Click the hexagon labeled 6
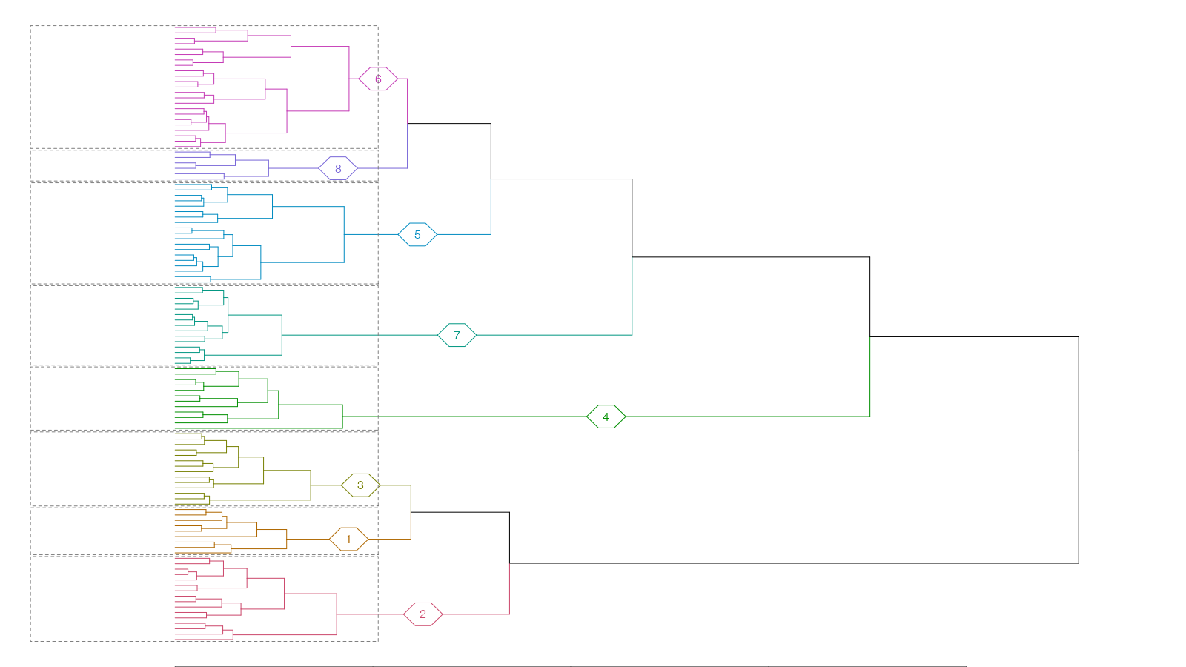click(x=378, y=79)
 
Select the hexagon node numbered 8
click(x=338, y=168)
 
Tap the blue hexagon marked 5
click(x=417, y=234)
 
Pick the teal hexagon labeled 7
click(x=457, y=335)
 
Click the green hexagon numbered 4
click(x=606, y=417)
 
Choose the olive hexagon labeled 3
click(x=360, y=485)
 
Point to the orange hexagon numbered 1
click(x=348, y=540)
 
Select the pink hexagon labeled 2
click(x=423, y=614)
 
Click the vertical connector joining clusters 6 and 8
click(x=408, y=123)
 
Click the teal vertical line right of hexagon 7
click(x=632, y=296)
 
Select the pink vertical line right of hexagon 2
click(x=509, y=589)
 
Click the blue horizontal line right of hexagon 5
click(x=464, y=234)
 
